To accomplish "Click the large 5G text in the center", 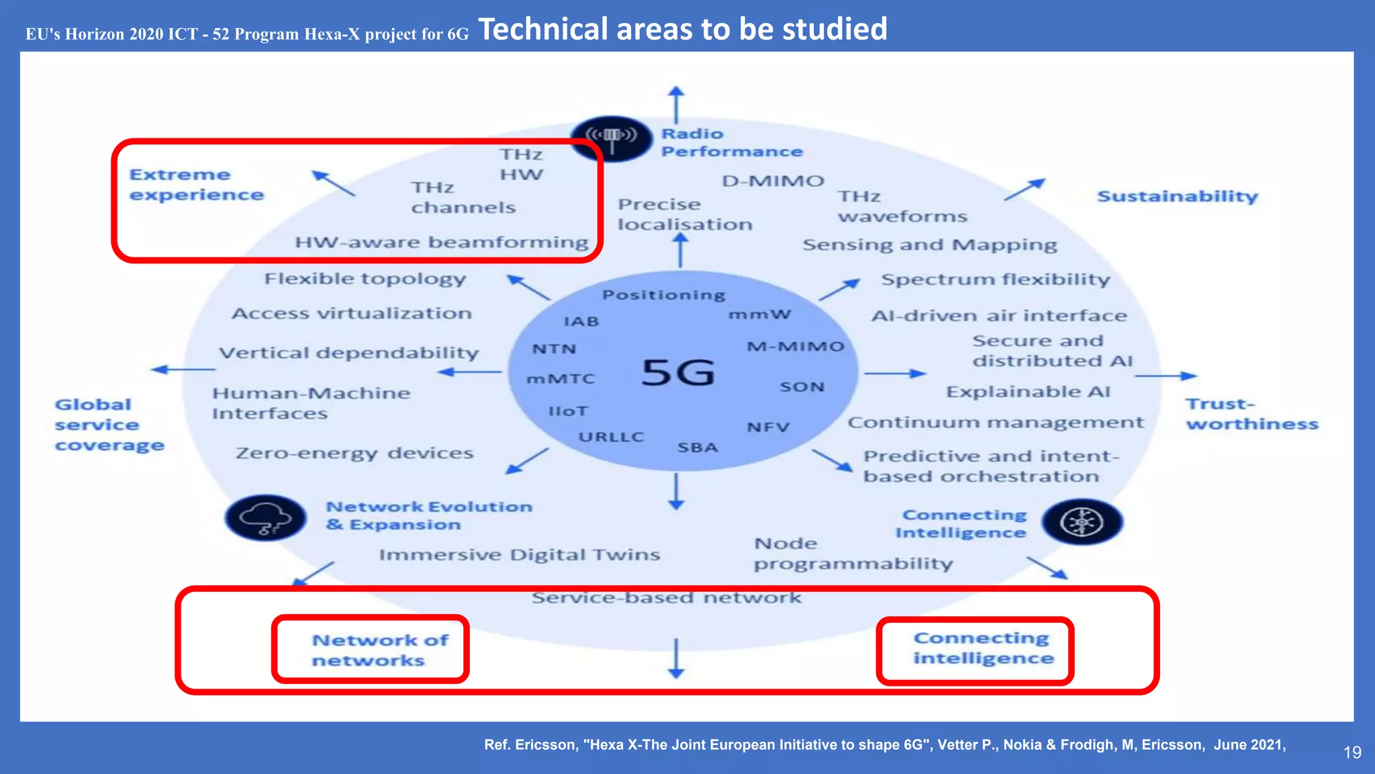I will click(678, 373).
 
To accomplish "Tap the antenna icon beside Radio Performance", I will click(611, 138).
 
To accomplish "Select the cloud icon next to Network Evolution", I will click(266, 518).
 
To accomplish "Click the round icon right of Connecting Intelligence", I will click(1082, 522).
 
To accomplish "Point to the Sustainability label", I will click(1177, 196).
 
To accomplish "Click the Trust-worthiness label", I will click(1251, 414).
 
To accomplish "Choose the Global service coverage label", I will click(109, 425).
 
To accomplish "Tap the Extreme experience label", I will click(196, 185).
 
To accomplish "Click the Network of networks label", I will click(379, 650).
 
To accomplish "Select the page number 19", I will click(1352, 752).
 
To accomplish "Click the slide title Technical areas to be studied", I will click(682, 30).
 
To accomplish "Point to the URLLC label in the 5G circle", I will click(611, 437).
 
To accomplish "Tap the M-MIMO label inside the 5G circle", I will click(795, 347).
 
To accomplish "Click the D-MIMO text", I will click(772, 181).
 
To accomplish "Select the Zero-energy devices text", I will click(354, 454).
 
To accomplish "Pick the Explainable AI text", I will click(1028, 392).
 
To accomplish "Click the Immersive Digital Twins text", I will click(519, 555).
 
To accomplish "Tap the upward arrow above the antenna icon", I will click(676, 103).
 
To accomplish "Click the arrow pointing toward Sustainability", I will click(1025, 189).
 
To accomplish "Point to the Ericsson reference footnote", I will click(884, 744).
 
